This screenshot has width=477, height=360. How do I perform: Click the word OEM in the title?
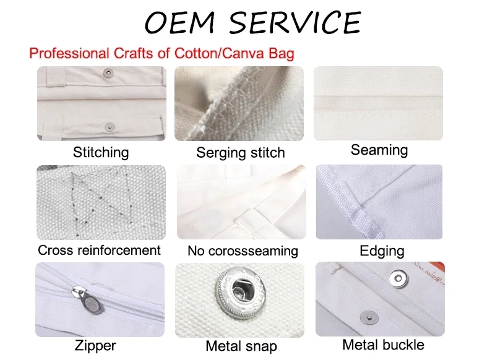pyautogui.click(x=180, y=22)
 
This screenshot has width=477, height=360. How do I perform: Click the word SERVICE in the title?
pyautogui.click(x=295, y=22)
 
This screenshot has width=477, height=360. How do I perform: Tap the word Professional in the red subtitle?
pyautogui.click(x=69, y=53)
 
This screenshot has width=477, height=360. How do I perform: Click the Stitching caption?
pyautogui.click(x=101, y=152)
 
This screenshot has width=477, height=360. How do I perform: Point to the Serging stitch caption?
pyautogui.click(x=240, y=153)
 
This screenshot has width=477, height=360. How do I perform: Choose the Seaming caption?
pyautogui.click(x=379, y=150)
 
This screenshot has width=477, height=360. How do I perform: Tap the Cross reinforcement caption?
pyautogui.click(x=99, y=251)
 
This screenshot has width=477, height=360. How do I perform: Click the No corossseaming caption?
pyautogui.click(x=243, y=251)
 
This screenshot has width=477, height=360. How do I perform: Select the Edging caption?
pyautogui.click(x=382, y=251)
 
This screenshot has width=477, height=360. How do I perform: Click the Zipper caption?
pyautogui.click(x=95, y=345)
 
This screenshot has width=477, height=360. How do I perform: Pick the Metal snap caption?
pyautogui.click(x=241, y=346)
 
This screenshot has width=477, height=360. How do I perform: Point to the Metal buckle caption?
pyautogui.click(x=383, y=345)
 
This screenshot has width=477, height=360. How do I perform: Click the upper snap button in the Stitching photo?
pyautogui.click(x=108, y=72)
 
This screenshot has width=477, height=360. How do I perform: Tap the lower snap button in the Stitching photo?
pyautogui.click(x=109, y=126)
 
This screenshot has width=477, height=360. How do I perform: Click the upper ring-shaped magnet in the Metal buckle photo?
pyautogui.click(x=398, y=278)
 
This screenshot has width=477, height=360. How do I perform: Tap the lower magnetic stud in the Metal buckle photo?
pyautogui.click(x=369, y=318)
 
